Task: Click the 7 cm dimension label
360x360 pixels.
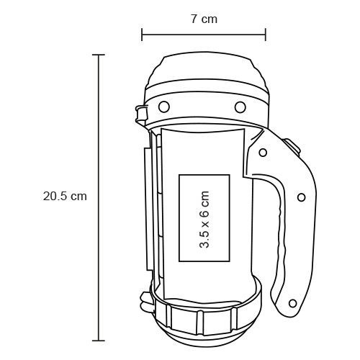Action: tap(204, 19)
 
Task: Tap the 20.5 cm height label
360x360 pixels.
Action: tap(65, 196)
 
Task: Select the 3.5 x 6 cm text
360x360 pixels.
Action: tap(204, 219)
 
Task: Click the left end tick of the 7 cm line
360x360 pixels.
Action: tap(142, 35)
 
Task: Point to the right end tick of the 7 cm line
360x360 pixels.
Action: tap(266, 35)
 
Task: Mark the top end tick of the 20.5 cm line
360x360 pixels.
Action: tap(99, 55)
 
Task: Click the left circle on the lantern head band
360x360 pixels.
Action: tap(164, 107)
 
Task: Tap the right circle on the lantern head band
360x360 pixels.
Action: tap(239, 107)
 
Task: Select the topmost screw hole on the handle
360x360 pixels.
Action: tap(263, 153)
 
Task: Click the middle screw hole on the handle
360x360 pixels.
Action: tap(301, 197)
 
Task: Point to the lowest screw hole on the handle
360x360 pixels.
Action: tap(292, 303)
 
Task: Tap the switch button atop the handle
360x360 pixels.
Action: tap(292, 145)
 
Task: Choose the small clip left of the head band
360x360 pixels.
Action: tap(140, 112)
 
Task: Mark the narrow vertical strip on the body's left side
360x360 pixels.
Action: tap(148, 209)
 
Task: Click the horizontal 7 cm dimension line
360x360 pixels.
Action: tap(204, 35)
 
